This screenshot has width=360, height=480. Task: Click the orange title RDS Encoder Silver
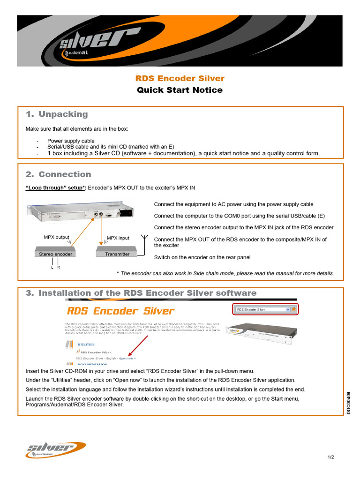point(180,78)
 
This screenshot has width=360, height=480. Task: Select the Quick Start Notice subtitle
point(180,90)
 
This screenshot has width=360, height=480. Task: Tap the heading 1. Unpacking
point(57,114)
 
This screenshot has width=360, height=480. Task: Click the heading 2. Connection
point(59,174)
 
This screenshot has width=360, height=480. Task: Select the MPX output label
point(56,237)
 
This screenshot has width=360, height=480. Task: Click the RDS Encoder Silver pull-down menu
point(262,309)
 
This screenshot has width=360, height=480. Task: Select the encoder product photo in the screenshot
point(261,334)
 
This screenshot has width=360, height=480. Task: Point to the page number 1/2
point(331,457)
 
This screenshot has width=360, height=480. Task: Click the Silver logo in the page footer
point(55,450)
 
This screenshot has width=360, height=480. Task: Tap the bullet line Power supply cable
point(71,141)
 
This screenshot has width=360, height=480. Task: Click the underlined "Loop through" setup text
point(55,187)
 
